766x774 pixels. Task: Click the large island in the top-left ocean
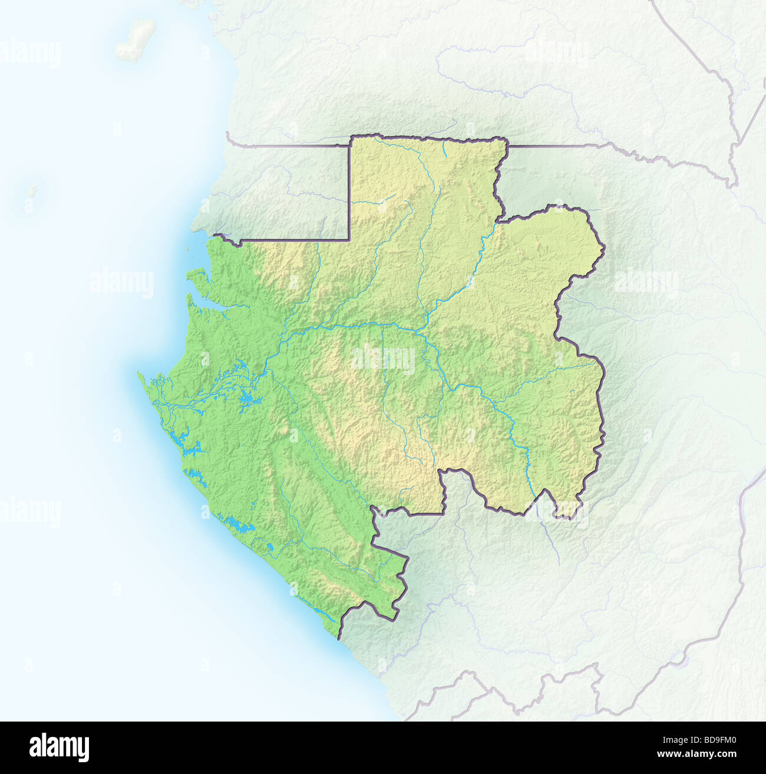pos(136,40)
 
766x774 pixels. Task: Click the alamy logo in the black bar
pos(60,747)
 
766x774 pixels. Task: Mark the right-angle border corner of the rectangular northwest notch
pos(350,240)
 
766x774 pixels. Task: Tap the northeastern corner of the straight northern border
pos(506,140)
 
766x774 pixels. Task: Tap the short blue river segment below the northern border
pos(444,147)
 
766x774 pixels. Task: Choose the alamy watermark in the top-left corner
pos(29,54)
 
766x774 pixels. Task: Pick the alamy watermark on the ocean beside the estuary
pos(121,283)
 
